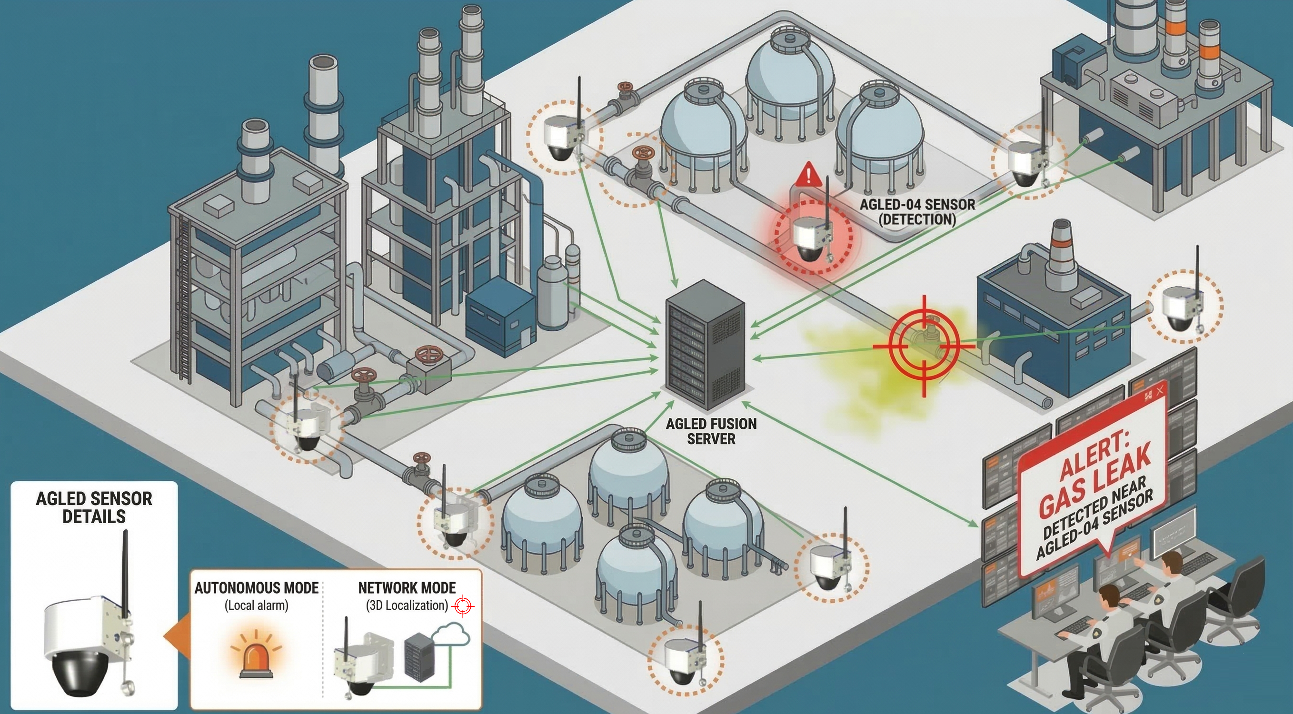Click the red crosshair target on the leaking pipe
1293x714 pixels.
click(923, 346)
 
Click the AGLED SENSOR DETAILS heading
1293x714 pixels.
click(94, 507)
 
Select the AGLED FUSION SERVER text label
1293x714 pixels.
click(711, 431)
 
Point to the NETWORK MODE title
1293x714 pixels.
click(407, 587)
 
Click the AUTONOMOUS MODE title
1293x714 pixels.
click(257, 587)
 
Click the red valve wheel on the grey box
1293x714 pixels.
click(428, 356)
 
